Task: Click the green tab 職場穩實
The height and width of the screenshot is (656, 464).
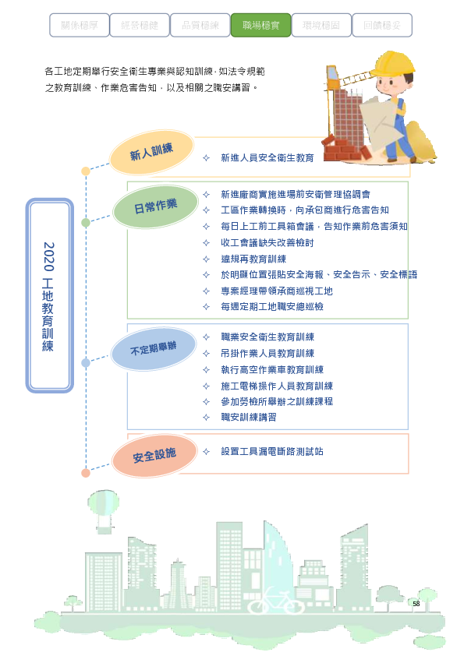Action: (260, 25)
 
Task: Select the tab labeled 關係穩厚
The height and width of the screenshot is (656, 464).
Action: (80, 25)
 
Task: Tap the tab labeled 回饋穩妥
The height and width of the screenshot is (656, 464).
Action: (382, 25)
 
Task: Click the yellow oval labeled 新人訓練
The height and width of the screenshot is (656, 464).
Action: (151, 152)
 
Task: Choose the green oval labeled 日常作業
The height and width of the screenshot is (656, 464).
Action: (155, 206)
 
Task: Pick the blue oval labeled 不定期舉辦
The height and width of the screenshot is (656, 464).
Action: (154, 348)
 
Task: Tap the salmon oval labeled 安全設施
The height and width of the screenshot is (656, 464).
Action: (154, 455)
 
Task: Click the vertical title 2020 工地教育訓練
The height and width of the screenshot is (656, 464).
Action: (48, 296)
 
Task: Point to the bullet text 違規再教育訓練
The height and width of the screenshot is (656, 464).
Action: (253, 259)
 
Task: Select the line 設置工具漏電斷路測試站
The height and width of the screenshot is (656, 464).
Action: (272, 451)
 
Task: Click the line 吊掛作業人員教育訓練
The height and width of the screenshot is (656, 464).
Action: (267, 354)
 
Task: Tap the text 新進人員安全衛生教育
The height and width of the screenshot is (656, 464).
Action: (267, 157)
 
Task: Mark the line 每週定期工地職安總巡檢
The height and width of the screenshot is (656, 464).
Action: (272, 307)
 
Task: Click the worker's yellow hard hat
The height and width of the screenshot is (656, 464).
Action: (392, 64)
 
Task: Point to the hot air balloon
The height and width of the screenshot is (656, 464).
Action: (103, 511)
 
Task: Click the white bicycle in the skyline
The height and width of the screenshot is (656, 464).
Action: (275, 601)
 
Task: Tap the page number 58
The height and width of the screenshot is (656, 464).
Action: (416, 603)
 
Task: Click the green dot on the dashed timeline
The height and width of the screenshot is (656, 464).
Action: (86, 223)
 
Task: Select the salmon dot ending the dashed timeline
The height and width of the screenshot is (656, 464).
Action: (86, 473)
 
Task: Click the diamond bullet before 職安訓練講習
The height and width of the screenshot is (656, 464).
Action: (206, 417)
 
